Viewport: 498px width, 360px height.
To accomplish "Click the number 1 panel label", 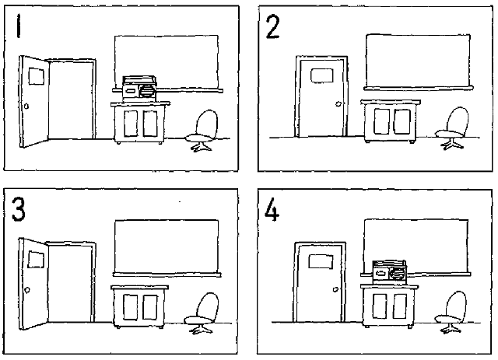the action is tap(19, 26).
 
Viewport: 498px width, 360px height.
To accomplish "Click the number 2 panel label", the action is tap(273, 27).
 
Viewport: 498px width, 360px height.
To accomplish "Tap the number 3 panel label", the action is tap(19, 209).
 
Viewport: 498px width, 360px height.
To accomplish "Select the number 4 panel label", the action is tap(272, 209).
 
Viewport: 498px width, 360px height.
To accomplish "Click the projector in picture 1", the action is tap(140, 89).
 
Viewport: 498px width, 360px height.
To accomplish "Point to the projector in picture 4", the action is tap(389, 272).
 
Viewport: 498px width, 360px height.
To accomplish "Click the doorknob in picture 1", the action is tap(26, 106).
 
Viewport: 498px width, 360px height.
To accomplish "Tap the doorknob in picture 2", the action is tap(338, 104).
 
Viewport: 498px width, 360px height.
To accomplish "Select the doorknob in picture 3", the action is tap(27, 290).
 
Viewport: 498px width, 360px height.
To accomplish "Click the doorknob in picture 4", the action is tap(335, 289).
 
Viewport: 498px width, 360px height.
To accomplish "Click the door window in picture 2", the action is tap(321, 75).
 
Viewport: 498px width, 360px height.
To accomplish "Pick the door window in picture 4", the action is tap(321, 261).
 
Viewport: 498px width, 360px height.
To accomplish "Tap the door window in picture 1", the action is tap(37, 76).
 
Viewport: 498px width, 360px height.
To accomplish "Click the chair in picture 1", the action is tap(202, 131).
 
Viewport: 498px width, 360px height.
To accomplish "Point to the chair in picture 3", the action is tap(202, 313).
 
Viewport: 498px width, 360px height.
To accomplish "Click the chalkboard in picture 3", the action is tap(167, 248).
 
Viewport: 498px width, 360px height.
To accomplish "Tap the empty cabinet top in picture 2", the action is tap(391, 102).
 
